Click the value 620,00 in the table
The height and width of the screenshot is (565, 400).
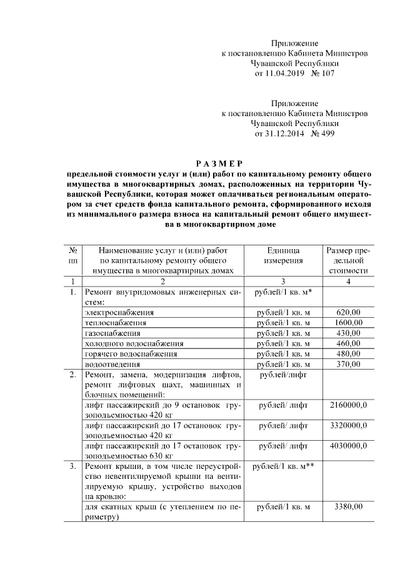click(x=348, y=312)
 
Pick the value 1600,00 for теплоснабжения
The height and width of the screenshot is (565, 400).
click(x=348, y=322)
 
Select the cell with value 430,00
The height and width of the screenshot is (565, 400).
click(x=348, y=333)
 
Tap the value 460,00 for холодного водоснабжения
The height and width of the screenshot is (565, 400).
click(x=348, y=343)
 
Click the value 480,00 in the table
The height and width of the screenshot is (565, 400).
click(x=348, y=353)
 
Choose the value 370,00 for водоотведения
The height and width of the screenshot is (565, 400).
click(x=348, y=363)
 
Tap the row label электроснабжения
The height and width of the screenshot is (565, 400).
click(x=119, y=312)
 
